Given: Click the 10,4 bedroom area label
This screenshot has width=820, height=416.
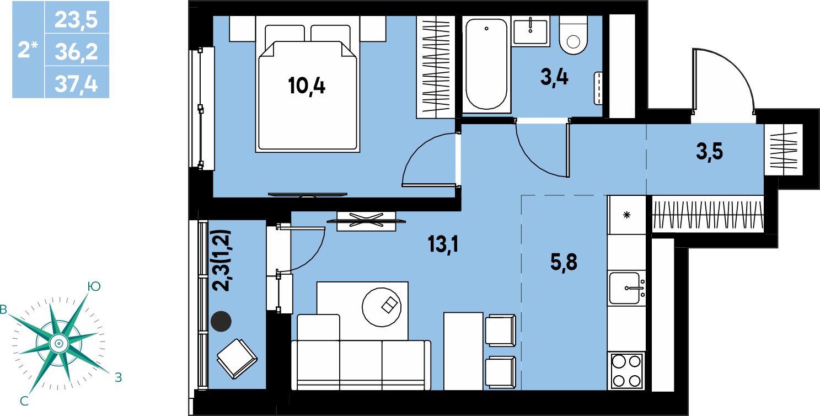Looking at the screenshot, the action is pyautogui.click(x=307, y=87).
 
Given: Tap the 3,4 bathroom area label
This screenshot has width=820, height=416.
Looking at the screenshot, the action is pyautogui.click(x=554, y=78).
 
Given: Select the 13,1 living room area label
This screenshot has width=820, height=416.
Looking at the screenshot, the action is pyautogui.click(x=443, y=244).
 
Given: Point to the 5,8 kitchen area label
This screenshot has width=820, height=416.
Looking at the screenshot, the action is pyautogui.click(x=564, y=262).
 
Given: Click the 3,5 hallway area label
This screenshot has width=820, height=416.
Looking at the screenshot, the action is pyautogui.click(x=710, y=152).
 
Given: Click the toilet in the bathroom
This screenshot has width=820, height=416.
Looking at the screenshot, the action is pyautogui.click(x=574, y=35).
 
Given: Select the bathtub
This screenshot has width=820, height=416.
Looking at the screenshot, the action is pyautogui.click(x=486, y=64).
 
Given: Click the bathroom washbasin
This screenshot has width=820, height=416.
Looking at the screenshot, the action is pyautogui.click(x=530, y=32).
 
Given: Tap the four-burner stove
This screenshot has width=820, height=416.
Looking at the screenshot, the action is pyautogui.click(x=626, y=371).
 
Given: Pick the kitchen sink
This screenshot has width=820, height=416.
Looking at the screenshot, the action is pyautogui.click(x=626, y=288).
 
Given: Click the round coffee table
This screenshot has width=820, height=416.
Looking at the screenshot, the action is pyautogui.click(x=382, y=307).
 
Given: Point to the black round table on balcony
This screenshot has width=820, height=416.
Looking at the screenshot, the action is pyautogui.click(x=221, y=321).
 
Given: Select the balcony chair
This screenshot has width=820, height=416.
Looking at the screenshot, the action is pyautogui.click(x=237, y=359).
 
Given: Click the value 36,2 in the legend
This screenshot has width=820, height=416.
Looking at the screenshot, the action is pyautogui.click(x=77, y=52).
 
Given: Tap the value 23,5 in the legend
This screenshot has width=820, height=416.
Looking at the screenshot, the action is pyautogui.click(x=76, y=20).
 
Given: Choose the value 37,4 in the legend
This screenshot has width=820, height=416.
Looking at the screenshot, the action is pyautogui.click(x=76, y=84).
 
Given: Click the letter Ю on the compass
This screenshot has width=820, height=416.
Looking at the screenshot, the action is pyautogui.click(x=94, y=286).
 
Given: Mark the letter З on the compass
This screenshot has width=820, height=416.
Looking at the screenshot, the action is pyautogui.click(x=118, y=377).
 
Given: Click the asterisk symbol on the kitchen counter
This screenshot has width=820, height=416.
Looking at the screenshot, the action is pyautogui.click(x=626, y=215).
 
